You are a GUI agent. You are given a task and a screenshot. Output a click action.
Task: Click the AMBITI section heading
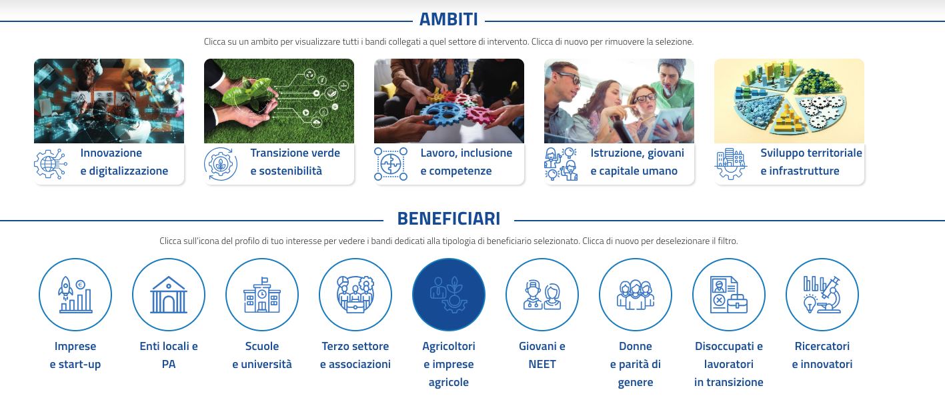point(448,19)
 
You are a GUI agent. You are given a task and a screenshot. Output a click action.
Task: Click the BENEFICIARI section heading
point(448,219)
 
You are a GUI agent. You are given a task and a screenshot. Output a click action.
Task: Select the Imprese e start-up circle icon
point(75,295)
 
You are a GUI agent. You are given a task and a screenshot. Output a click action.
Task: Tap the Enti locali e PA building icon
point(169,295)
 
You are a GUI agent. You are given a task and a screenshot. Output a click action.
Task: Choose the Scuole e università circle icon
point(262,295)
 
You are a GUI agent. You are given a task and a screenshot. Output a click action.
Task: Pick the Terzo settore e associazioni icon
point(355,295)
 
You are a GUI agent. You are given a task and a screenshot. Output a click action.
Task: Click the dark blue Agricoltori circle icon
point(449,295)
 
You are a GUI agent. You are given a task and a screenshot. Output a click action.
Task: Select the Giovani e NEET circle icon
point(542,295)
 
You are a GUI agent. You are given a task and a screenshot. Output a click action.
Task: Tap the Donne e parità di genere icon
point(636,295)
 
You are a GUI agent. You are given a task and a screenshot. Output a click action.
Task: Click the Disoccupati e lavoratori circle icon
point(728,295)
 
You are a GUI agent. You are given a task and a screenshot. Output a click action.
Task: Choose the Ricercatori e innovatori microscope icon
point(822,295)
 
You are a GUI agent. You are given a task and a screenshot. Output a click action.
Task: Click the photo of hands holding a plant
point(279,101)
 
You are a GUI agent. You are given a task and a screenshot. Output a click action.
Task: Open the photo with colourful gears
point(449,101)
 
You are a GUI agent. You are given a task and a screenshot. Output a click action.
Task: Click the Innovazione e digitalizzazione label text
point(124,162)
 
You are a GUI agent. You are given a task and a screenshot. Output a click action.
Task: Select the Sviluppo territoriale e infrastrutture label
point(811,162)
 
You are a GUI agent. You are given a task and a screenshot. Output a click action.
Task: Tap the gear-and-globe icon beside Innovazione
point(51,164)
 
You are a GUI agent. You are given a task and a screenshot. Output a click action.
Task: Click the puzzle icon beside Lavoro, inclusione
point(391,164)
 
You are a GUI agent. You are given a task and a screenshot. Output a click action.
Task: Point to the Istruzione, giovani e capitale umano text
point(637,162)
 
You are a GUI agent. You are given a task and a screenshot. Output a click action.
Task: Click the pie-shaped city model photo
point(789,101)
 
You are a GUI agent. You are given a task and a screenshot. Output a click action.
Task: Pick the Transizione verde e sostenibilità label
point(295,162)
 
